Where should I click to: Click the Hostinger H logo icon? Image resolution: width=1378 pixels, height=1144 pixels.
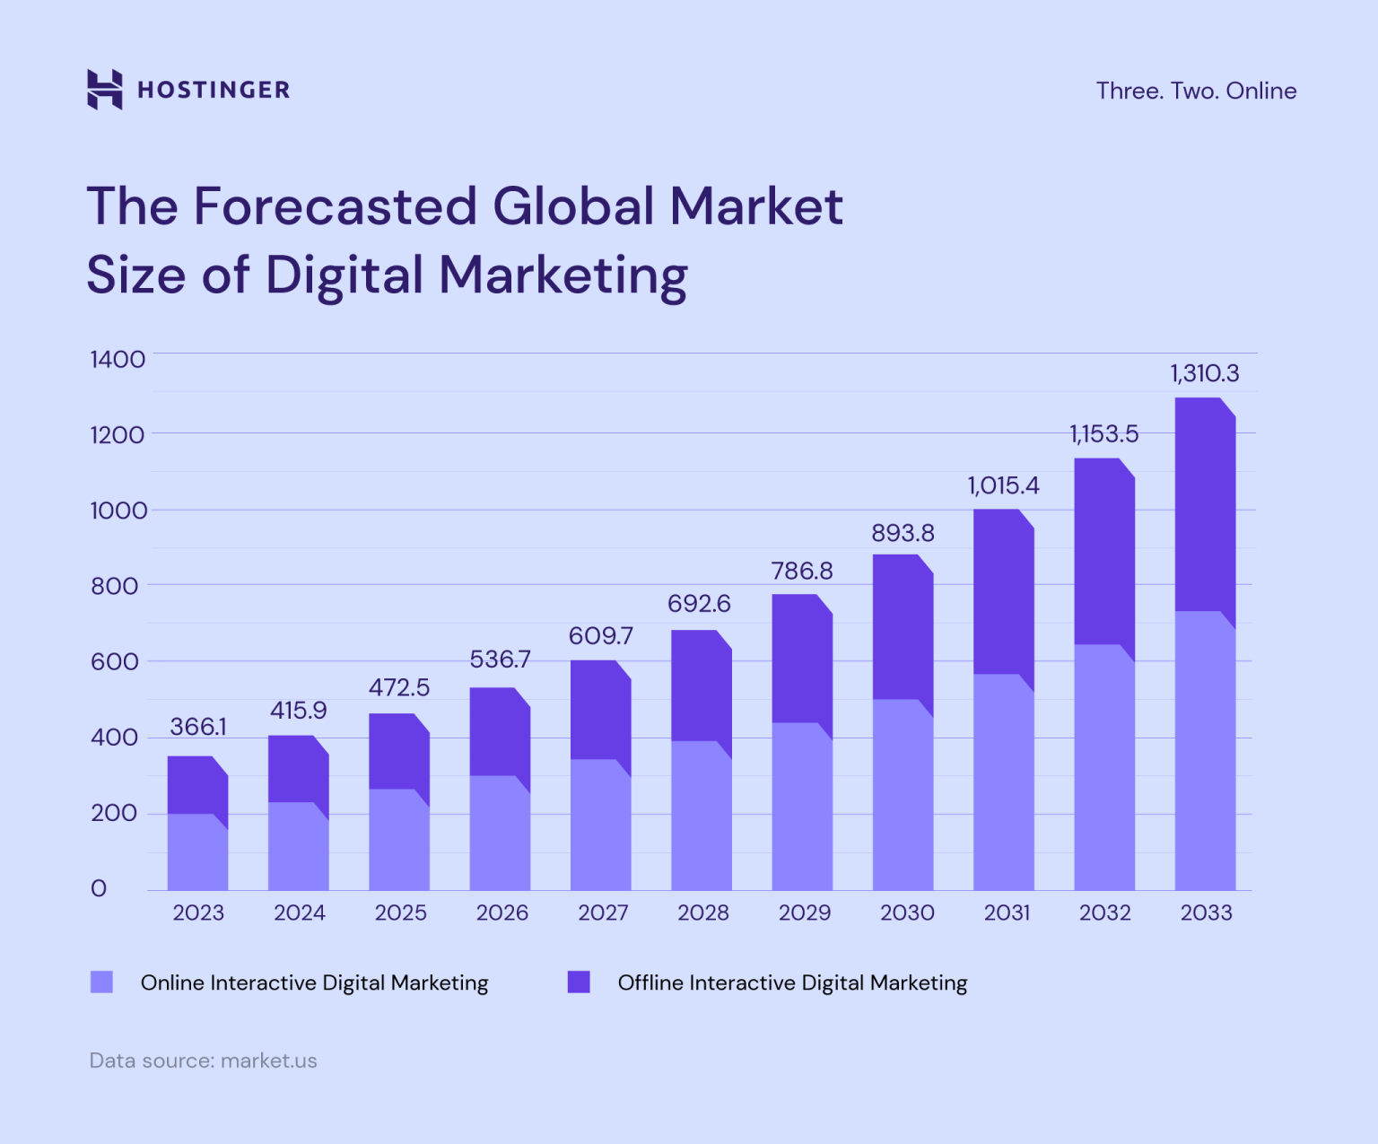click(104, 89)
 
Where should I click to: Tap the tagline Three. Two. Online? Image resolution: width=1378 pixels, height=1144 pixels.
click(1196, 91)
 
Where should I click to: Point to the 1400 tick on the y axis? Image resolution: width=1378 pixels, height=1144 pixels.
click(118, 359)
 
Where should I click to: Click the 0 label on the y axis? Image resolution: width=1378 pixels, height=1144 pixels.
click(99, 888)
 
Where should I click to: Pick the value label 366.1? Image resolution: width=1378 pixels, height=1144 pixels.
click(198, 727)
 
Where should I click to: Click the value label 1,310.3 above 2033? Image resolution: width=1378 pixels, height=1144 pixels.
click(1205, 373)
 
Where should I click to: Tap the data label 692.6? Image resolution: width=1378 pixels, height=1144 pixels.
click(699, 603)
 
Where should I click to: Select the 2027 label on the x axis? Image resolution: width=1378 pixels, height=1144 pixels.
click(603, 913)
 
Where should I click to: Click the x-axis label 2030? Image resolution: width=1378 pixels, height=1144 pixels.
click(906, 913)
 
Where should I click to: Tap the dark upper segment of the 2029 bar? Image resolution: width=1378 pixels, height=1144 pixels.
click(802, 659)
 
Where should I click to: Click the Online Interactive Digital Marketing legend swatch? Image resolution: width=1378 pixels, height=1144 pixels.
click(102, 982)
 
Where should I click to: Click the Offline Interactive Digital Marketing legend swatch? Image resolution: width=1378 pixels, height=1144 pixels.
click(579, 982)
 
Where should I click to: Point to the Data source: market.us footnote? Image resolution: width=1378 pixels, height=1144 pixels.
click(204, 1061)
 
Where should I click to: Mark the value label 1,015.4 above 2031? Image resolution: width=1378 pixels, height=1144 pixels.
click(1003, 485)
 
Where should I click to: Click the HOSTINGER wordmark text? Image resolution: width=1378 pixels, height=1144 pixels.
click(214, 90)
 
